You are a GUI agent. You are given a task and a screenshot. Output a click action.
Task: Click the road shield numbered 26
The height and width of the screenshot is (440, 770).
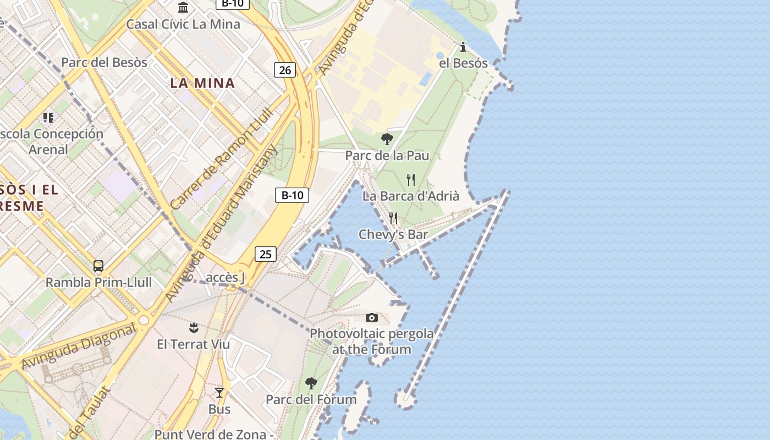284,70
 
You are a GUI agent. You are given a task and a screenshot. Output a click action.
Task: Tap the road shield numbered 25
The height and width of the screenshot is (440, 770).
265,254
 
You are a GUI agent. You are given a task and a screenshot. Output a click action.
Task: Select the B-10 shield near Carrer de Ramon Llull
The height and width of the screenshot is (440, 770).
291,195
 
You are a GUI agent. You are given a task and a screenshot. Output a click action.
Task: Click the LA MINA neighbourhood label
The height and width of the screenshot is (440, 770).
202,83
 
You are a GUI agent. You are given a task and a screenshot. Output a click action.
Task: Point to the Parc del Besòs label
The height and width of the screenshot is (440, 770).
104,62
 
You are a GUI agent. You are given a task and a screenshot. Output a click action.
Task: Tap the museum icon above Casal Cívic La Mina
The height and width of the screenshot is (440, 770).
183,7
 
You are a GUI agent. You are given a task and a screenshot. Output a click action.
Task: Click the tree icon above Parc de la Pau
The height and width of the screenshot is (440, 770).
387,139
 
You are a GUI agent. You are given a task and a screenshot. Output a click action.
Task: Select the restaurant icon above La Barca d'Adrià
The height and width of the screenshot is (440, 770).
411,179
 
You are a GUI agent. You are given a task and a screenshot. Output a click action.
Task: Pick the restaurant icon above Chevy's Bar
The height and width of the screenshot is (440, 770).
393,218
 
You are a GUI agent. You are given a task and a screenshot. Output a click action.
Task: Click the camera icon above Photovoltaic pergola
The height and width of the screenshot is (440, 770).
372,317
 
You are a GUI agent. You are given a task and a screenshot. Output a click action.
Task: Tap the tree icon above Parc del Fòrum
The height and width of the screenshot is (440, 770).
311,383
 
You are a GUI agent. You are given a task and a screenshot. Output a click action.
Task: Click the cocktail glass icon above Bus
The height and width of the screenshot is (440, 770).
219,392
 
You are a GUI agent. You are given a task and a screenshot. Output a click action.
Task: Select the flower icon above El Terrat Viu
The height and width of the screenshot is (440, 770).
193,328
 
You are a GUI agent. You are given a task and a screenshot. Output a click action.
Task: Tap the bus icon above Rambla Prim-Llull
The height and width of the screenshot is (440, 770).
98,266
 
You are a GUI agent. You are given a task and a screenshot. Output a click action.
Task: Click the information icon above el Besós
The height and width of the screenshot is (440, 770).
463,47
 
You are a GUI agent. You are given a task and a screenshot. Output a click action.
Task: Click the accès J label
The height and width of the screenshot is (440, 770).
226,277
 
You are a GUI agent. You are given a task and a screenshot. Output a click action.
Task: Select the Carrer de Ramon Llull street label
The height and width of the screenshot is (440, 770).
222,158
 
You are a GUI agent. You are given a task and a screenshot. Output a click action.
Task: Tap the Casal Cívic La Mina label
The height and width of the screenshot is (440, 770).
183,24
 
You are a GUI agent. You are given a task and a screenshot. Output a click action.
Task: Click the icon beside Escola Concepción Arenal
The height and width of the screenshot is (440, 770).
48,117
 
